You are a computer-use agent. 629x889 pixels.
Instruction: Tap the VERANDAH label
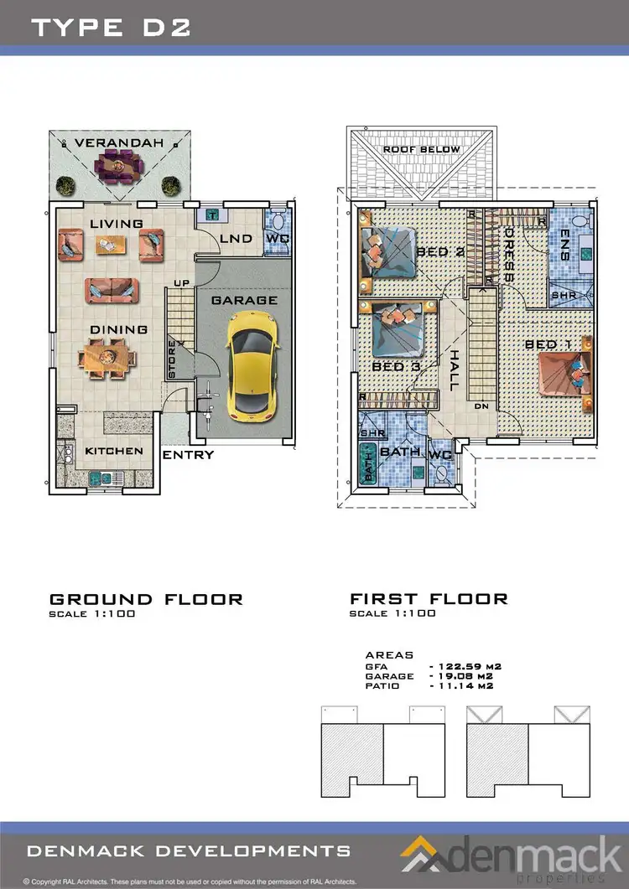[x=118, y=143]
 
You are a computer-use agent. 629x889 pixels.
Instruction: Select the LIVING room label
[x=117, y=223]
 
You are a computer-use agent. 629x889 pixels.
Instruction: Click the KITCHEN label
[x=114, y=451]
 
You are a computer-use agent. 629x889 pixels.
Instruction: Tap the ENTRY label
[x=188, y=455]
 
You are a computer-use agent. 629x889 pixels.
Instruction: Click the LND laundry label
[x=236, y=239]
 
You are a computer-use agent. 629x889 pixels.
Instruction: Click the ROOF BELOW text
[x=422, y=149]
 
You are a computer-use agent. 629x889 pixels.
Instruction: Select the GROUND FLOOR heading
[x=146, y=599]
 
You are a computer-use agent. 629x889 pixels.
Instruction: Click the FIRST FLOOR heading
[x=429, y=599]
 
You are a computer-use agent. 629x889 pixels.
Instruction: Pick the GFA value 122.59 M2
[x=460, y=666]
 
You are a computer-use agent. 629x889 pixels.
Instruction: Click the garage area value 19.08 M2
[x=460, y=675]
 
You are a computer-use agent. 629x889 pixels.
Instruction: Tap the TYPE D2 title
[x=111, y=27]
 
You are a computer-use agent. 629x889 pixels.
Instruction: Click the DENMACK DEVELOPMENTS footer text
[x=190, y=850]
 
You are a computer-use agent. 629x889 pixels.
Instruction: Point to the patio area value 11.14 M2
[x=460, y=685]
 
